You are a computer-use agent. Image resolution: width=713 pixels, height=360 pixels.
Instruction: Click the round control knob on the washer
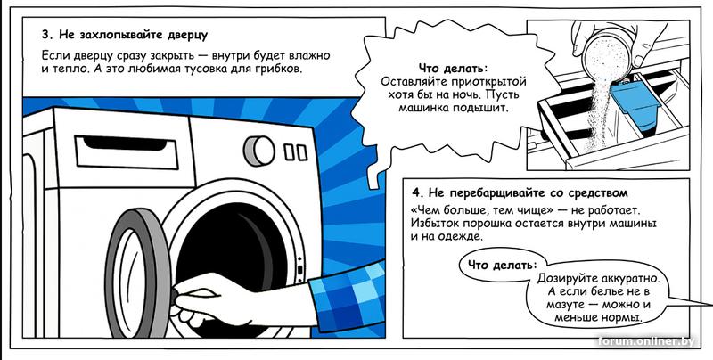(x=259, y=151)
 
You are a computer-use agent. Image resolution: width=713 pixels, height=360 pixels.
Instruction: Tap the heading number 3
(x=45, y=35)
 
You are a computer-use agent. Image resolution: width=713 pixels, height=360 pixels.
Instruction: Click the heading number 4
(x=415, y=192)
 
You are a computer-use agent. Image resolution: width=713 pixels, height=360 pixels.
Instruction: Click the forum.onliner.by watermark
(x=646, y=341)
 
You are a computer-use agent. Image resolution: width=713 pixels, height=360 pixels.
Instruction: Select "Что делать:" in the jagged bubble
(x=453, y=70)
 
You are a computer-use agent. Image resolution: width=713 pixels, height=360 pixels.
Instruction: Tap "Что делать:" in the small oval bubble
(x=502, y=265)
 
